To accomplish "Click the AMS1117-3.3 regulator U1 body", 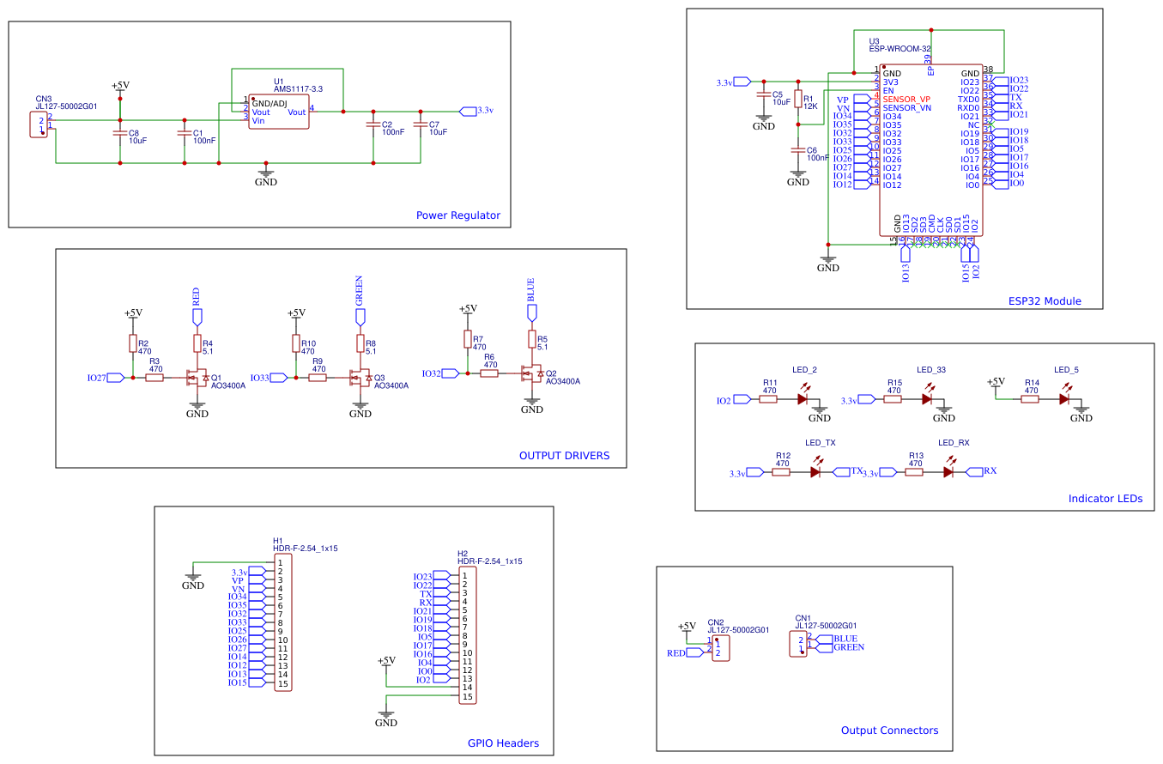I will pyautogui.click(x=278, y=112).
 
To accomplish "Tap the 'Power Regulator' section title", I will pyautogui.click(x=457, y=215).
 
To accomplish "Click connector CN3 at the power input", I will pyautogui.click(x=39, y=124).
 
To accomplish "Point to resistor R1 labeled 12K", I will pyautogui.click(x=798, y=100).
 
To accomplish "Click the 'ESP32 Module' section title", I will pyautogui.click(x=1044, y=301).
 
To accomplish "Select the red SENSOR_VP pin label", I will pyautogui.click(x=906, y=100).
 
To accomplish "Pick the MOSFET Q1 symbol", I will pyautogui.click(x=197, y=378).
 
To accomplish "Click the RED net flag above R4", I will pyautogui.click(x=197, y=315).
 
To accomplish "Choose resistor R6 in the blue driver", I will pyautogui.click(x=490, y=373).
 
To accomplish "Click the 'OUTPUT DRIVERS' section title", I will pyautogui.click(x=564, y=456).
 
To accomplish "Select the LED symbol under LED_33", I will pyautogui.click(x=927, y=398).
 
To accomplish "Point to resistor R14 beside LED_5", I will pyautogui.click(x=1032, y=398).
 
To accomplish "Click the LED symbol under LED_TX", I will pyautogui.click(x=815, y=471).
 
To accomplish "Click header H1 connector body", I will pyautogui.click(x=282, y=622).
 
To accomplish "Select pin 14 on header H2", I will pyautogui.click(x=467, y=688).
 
